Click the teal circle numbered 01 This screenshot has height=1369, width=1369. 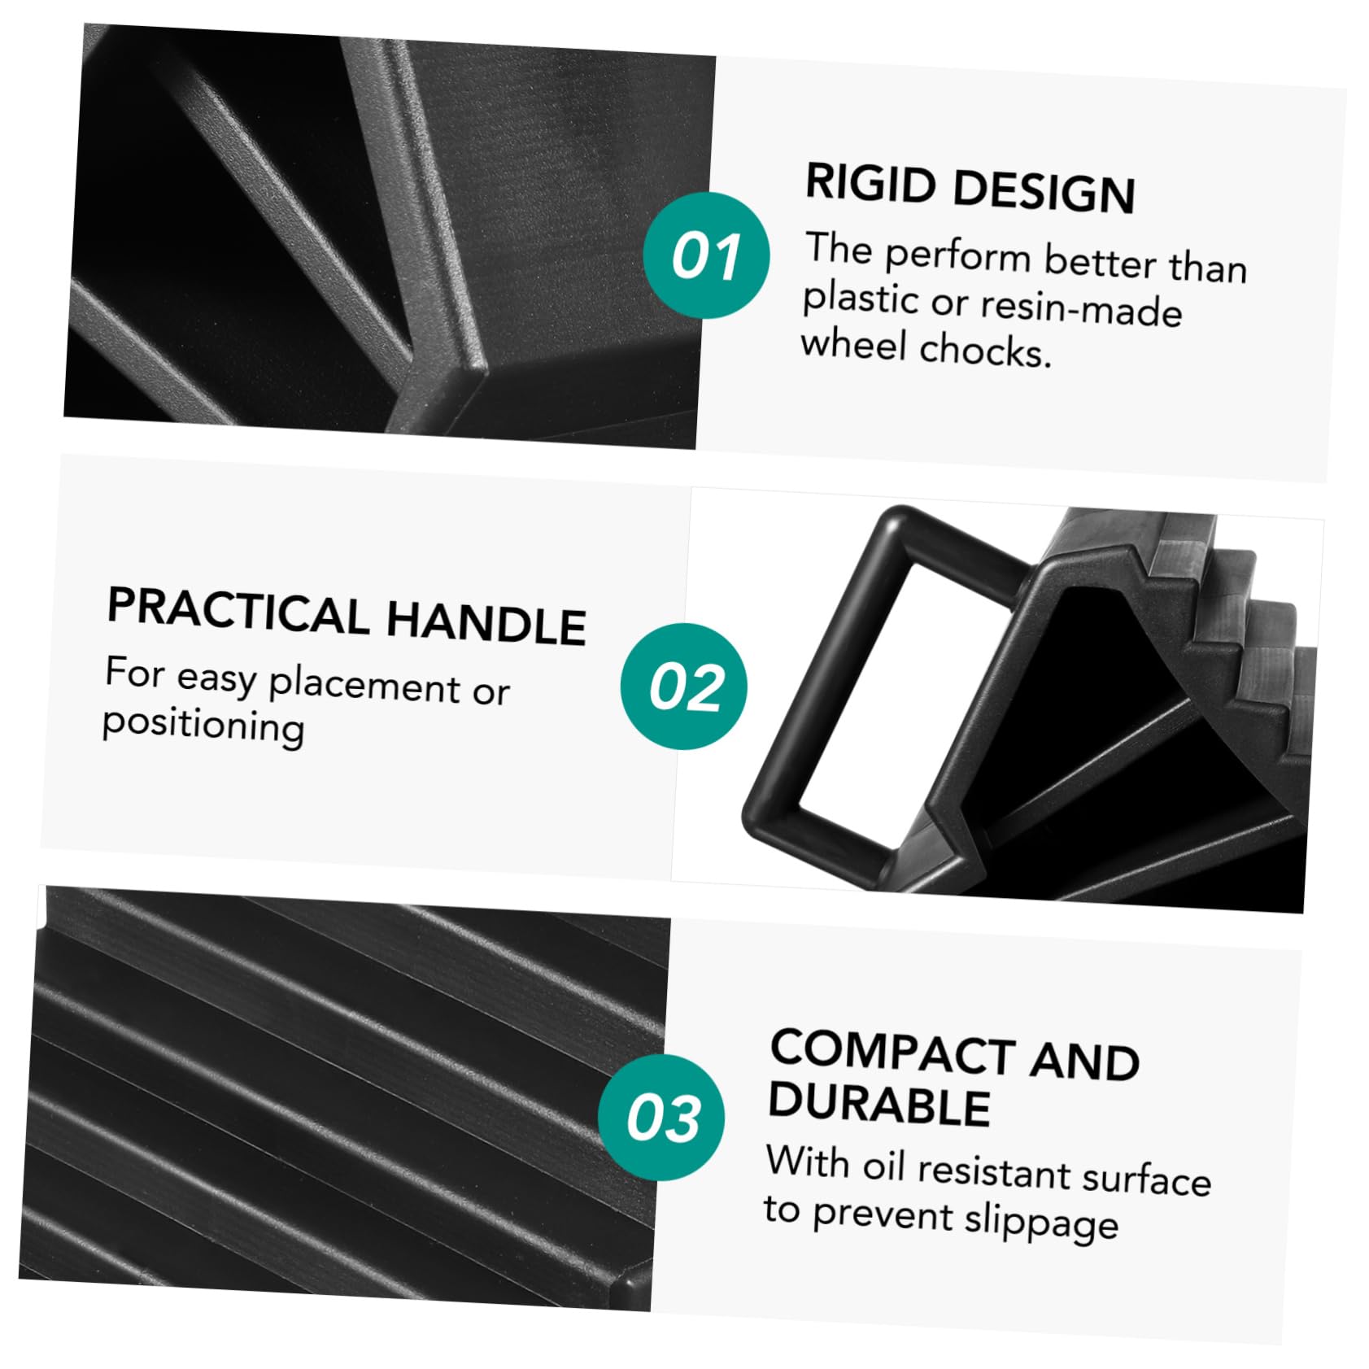click(706, 255)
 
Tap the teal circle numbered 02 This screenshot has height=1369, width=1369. click(684, 686)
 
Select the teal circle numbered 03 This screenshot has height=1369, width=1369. click(661, 1117)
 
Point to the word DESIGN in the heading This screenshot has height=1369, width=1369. click(1044, 190)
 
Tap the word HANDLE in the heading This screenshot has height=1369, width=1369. click(486, 621)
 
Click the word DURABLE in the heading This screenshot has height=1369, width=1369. click(879, 1103)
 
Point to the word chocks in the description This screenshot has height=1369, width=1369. click(986, 351)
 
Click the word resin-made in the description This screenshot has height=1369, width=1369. click(1081, 310)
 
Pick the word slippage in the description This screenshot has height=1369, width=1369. click(1041, 1222)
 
